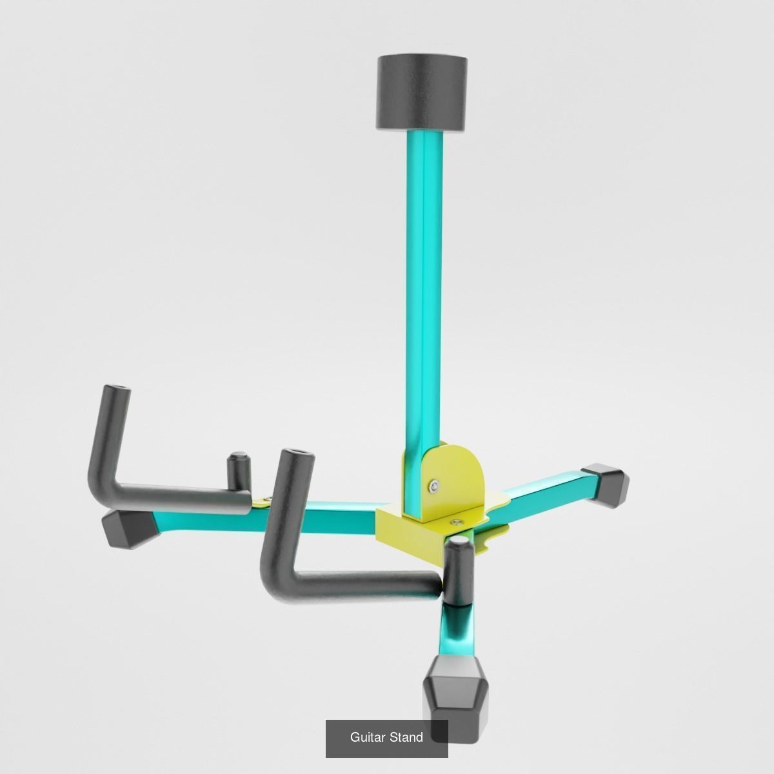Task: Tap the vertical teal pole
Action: (424, 290)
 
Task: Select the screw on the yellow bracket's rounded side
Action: (437, 486)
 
